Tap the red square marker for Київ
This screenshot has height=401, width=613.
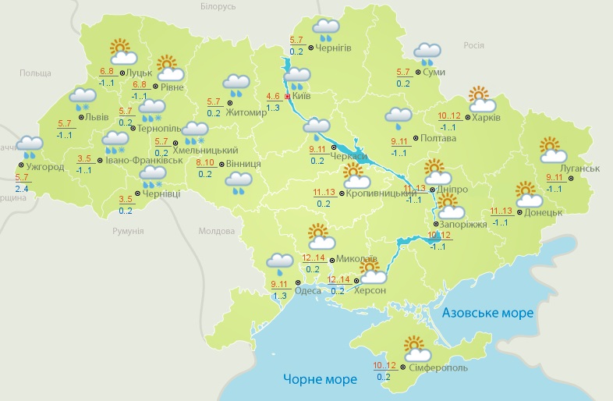(288, 97)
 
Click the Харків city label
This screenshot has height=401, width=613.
(487, 119)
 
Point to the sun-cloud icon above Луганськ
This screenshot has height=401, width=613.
(552, 150)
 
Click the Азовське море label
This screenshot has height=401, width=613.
(487, 313)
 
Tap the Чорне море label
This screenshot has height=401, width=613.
(320, 379)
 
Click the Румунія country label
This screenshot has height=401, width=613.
(127, 231)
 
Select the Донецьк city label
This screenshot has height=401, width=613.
(544, 211)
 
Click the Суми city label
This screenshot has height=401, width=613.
(435, 72)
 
